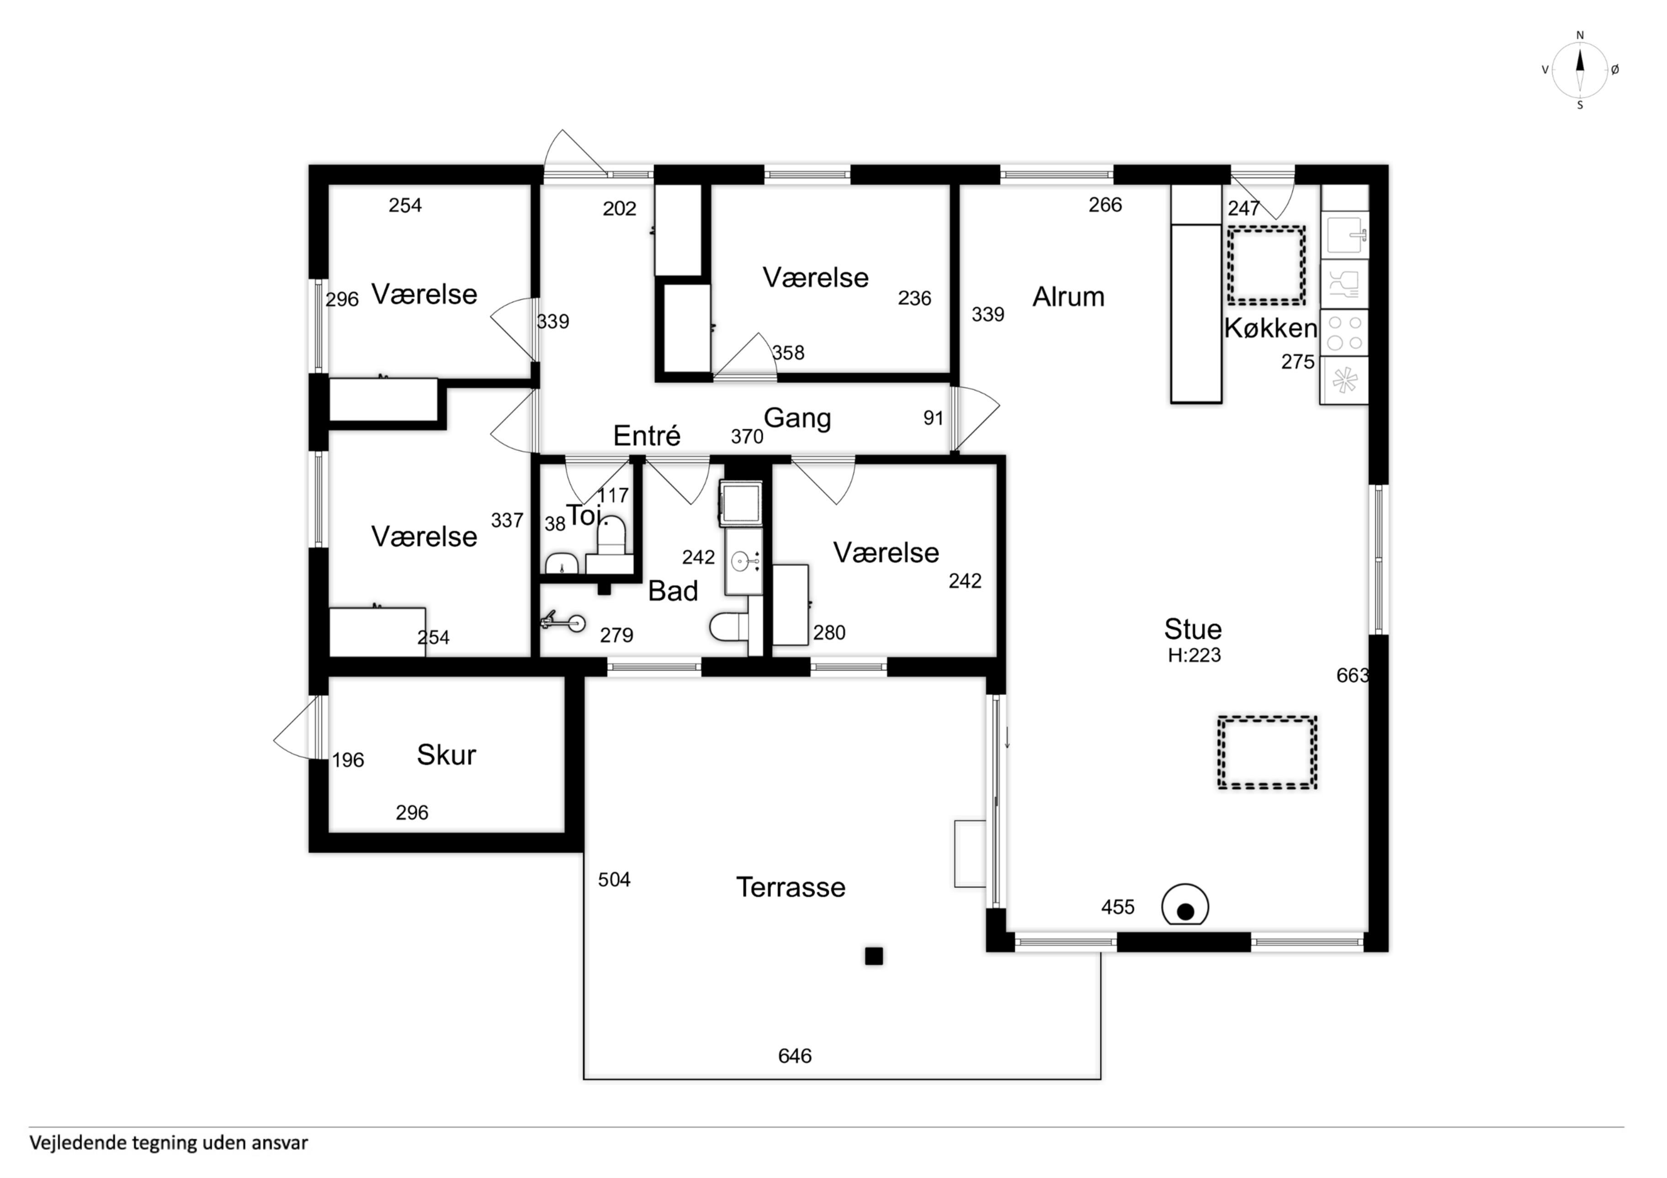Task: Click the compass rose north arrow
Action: tap(1580, 70)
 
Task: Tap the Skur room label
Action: tap(446, 755)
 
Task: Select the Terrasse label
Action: tap(791, 887)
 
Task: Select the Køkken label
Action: tap(1270, 328)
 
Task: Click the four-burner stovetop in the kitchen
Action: tap(1344, 333)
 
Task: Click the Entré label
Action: tap(647, 435)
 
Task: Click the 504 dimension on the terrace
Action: tap(614, 880)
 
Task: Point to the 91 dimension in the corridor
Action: tap(933, 418)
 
